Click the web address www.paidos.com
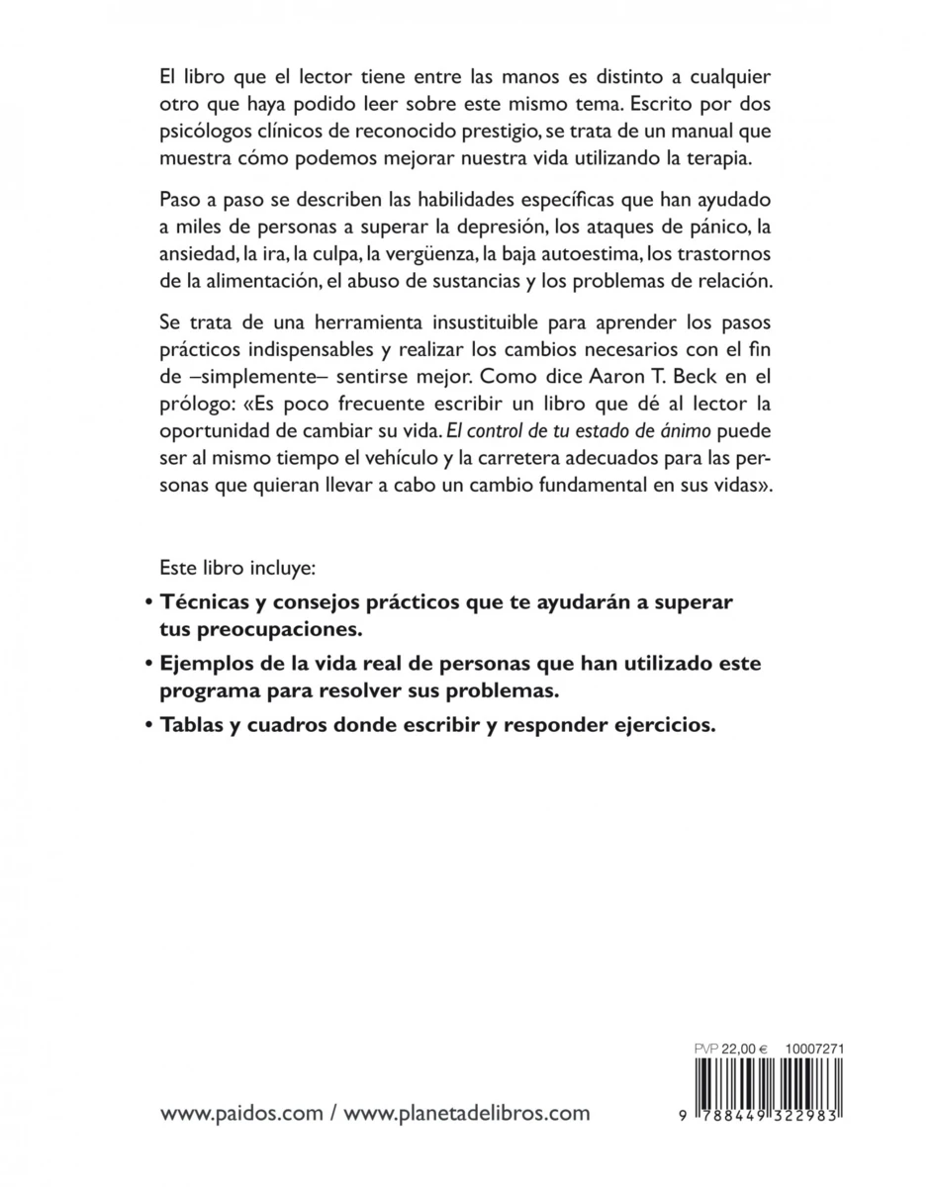(241, 1113)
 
